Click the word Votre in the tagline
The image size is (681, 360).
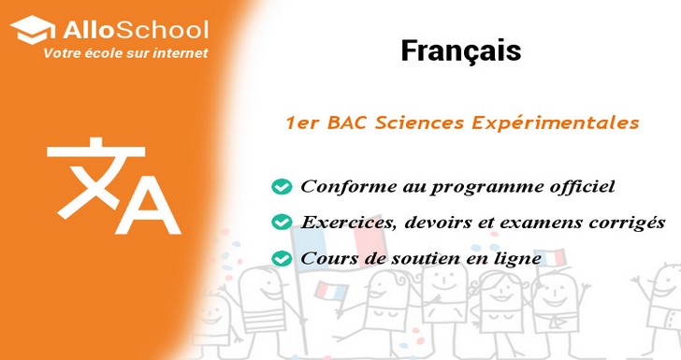pyautogui.click(x=63, y=54)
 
